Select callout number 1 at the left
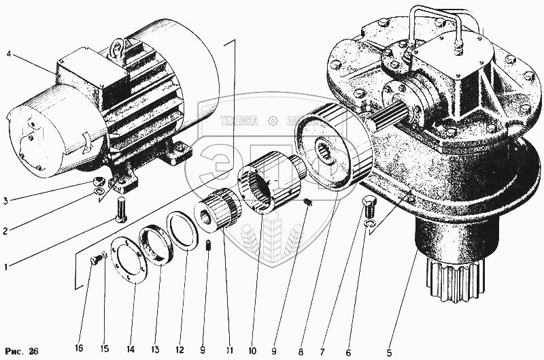pyautogui.click(x=6, y=267)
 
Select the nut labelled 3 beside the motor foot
pyautogui.click(x=99, y=182)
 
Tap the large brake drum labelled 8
pyautogui.click(x=333, y=146)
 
